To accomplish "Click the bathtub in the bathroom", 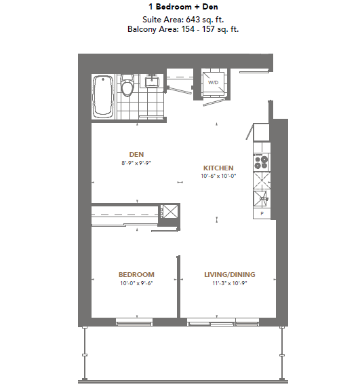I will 104,95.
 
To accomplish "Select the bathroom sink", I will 152,83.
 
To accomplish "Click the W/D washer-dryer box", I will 213,83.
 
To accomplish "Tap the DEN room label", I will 137,154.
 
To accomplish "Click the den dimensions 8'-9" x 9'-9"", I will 137,163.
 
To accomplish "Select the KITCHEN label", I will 218,168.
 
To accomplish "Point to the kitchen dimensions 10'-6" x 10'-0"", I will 218,176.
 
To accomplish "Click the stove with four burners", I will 262,162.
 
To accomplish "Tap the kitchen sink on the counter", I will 262,198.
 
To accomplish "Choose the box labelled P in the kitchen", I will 262,214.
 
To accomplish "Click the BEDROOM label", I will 136,274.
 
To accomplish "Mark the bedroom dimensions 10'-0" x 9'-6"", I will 136,283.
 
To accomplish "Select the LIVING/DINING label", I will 230,274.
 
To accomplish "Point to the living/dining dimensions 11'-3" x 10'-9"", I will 230,283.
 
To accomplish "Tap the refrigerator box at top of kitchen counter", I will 262,133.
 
